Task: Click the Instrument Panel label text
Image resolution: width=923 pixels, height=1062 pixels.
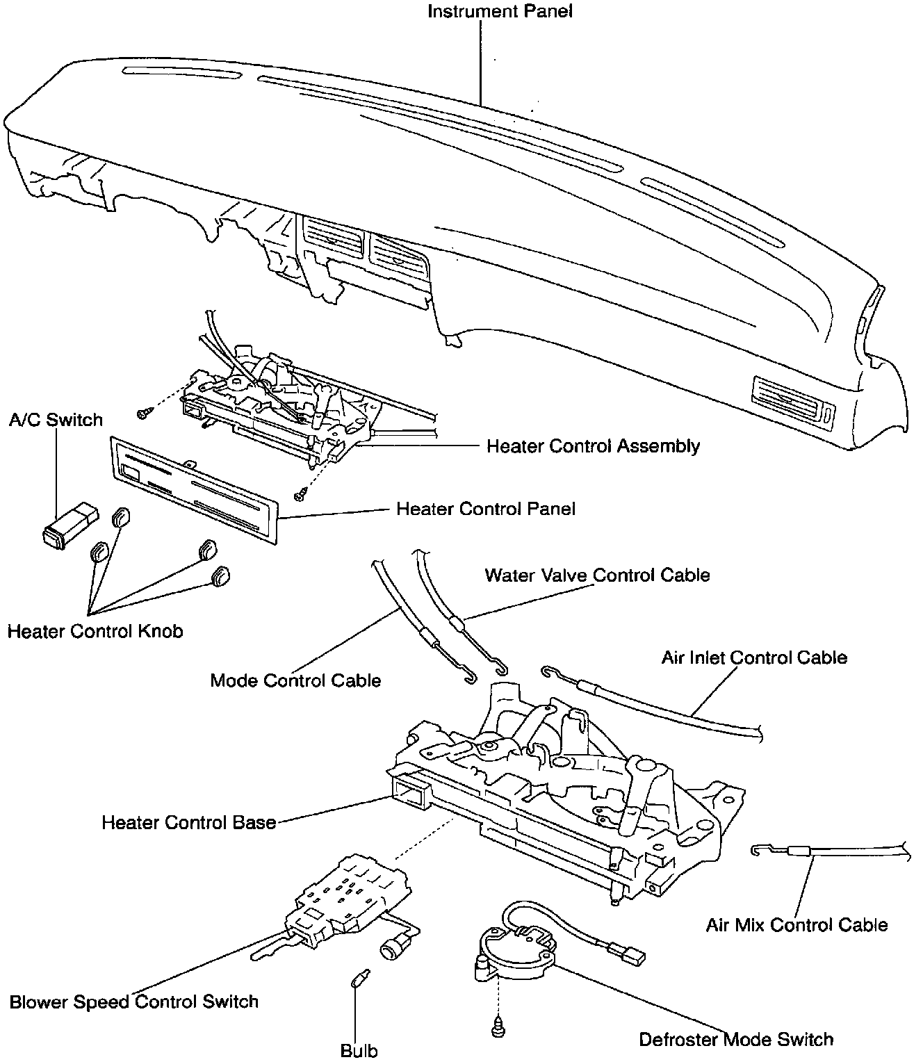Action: (500, 12)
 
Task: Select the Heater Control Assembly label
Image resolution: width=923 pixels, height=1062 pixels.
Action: (593, 446)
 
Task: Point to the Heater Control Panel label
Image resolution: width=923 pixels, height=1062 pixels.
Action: (486, 509)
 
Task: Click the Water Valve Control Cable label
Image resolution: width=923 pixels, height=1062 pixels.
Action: (597, 575)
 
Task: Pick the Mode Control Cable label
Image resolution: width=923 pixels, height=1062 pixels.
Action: (295, 680)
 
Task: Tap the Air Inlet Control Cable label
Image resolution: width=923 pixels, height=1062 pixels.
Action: (754, 657)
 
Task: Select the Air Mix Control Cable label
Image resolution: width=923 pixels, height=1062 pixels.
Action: (797, 925)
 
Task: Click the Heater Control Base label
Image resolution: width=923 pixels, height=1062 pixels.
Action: (189, 823)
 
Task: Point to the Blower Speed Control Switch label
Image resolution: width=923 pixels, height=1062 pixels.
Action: (134, 1002)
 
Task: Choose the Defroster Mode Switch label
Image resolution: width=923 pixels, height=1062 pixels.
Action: (736, 1040)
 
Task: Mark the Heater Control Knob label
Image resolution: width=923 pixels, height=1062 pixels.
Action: (95, 631)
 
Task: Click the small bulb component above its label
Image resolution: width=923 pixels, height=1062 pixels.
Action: (357, 979)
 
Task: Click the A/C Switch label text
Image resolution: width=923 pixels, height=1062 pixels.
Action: (56, 420)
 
